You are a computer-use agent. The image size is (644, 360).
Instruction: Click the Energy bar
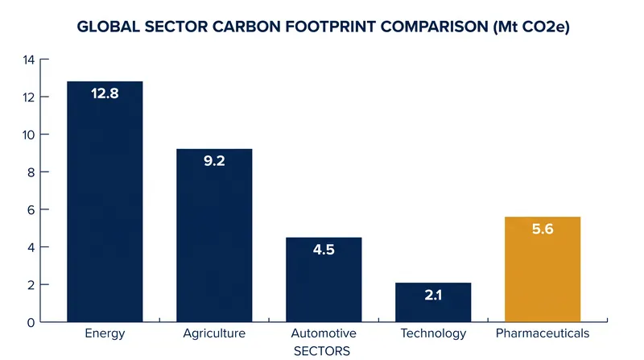pos(105,201)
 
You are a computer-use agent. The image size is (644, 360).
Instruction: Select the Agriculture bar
pos(214,235)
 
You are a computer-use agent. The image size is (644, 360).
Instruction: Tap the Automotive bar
pos(324,279)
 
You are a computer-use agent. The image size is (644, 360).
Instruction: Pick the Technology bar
pos(433,302)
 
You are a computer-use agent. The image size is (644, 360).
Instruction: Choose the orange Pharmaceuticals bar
pos(543,269)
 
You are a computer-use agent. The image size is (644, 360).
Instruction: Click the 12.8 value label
pos(105,93)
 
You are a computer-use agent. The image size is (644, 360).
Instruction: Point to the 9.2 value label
pos(214,161)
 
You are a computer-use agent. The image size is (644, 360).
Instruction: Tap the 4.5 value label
pos(324,250)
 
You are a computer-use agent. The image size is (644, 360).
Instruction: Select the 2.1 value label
pos(433,295)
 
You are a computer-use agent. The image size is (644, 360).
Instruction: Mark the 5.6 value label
pos(543,229)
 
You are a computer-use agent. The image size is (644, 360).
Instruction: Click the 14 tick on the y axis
pos(29,60)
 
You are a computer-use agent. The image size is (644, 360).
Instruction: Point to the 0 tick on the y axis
pos(31,323)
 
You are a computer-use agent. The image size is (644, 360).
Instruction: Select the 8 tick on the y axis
pos(31,172)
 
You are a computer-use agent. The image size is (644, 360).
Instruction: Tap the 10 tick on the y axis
pos(29,134)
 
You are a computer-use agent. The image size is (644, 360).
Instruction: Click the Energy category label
pos(105,333)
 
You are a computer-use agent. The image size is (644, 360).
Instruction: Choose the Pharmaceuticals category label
pos(543,333)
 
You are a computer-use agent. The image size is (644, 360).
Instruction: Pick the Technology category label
pos(433,333)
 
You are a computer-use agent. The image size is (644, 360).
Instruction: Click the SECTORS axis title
pos(322,351)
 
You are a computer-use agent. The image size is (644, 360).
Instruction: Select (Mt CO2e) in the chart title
pos(531,27)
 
